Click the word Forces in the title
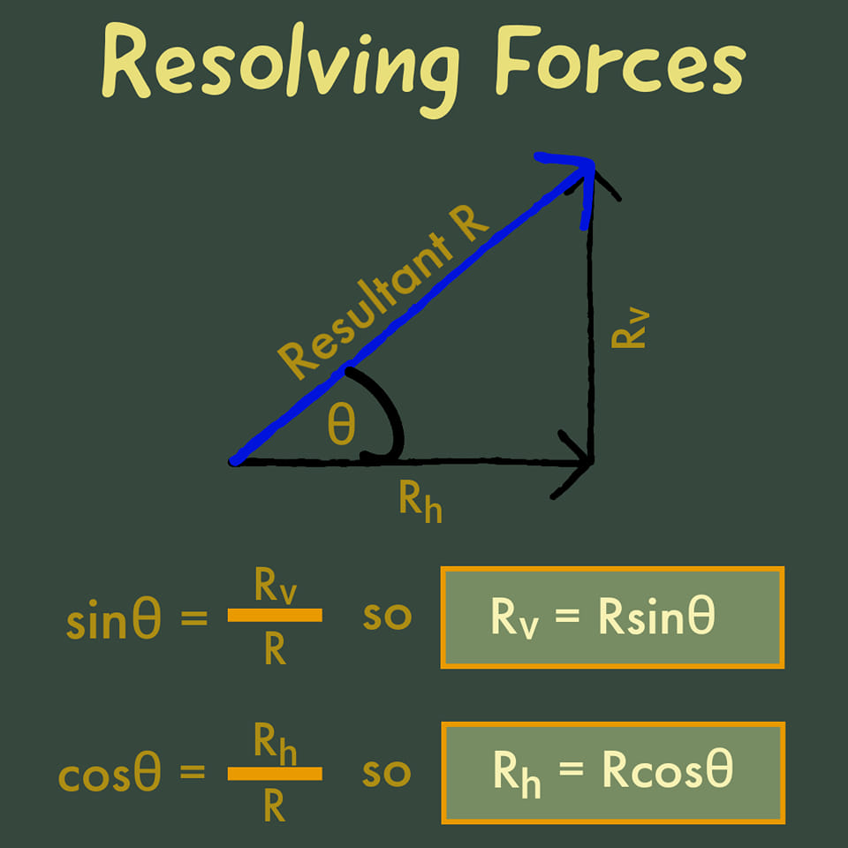pos(620,61)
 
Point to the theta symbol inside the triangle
pos(342,425)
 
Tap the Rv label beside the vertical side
pos(630,328)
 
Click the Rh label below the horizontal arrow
pos(420,502)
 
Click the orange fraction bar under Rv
pos(275,615)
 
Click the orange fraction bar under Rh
pos(275,774)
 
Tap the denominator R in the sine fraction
pos(275,649)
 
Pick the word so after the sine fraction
pos(387,617)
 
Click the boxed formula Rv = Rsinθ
pos(612,617)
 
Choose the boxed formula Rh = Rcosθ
pos(613,773)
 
